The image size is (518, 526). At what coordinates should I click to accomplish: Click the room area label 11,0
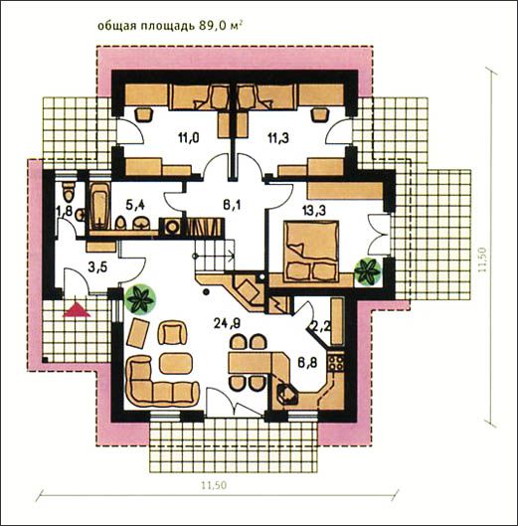tap(189, 138)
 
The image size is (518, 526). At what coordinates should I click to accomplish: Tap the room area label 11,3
tap(278, 138)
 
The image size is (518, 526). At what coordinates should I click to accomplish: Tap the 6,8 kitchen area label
tap(307, 363)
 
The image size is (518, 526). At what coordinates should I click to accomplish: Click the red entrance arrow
tap(77, 309)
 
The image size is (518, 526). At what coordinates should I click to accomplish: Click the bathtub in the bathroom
tap(99, 206)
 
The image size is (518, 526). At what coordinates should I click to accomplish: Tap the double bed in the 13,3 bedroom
tap(311, 251)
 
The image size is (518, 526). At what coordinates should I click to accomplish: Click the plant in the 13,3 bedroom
tap(368, 270)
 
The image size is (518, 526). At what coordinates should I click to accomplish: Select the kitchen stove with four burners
tap(336, 362)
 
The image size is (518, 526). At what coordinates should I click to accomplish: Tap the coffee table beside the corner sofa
tap(176, 363)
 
